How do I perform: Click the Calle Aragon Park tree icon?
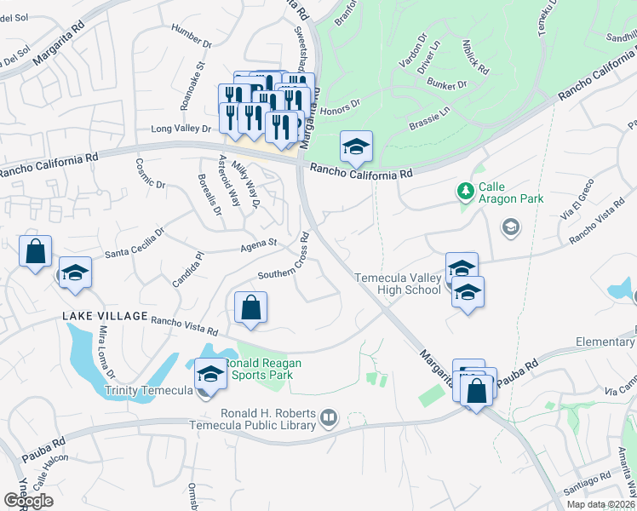coord(465,188)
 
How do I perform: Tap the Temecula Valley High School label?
coord(398,284)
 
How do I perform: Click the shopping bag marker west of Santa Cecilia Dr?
coord(36,252)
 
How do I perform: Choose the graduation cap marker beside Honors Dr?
coord(357,146)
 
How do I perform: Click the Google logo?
coord(28,501)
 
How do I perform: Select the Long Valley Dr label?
coord(181,129)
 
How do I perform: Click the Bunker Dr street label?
coord(448,85)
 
